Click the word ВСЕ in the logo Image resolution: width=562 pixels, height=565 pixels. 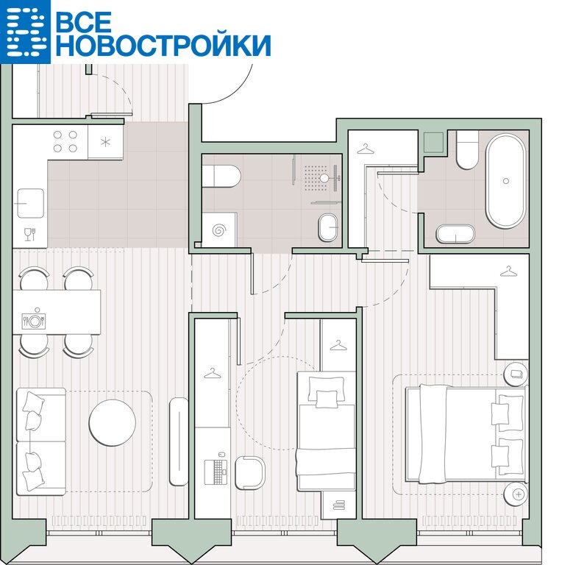84,21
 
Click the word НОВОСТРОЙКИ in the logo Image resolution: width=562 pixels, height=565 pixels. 163,46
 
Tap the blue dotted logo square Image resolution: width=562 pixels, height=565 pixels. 25,32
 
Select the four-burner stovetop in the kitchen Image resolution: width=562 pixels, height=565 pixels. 65,141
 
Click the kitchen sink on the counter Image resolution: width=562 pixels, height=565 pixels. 31,203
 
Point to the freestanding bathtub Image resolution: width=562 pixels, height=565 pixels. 505,181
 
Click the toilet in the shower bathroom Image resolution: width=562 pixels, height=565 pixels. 221,177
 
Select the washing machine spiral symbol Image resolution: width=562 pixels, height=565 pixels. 219,230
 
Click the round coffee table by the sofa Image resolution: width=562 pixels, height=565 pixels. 113,422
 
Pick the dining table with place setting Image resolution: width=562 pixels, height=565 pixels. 57,312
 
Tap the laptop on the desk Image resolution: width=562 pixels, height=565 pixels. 216,472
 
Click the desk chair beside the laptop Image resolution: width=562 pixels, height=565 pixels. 250,473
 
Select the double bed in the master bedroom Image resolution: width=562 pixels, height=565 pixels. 466,434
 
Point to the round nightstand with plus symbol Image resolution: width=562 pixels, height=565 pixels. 516,494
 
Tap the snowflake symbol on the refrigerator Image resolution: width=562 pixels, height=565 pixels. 105,142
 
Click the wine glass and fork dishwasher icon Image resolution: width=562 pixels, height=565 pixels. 30,234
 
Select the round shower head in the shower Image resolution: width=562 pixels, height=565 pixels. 324,178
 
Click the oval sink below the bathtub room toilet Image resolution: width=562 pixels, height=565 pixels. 456,234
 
